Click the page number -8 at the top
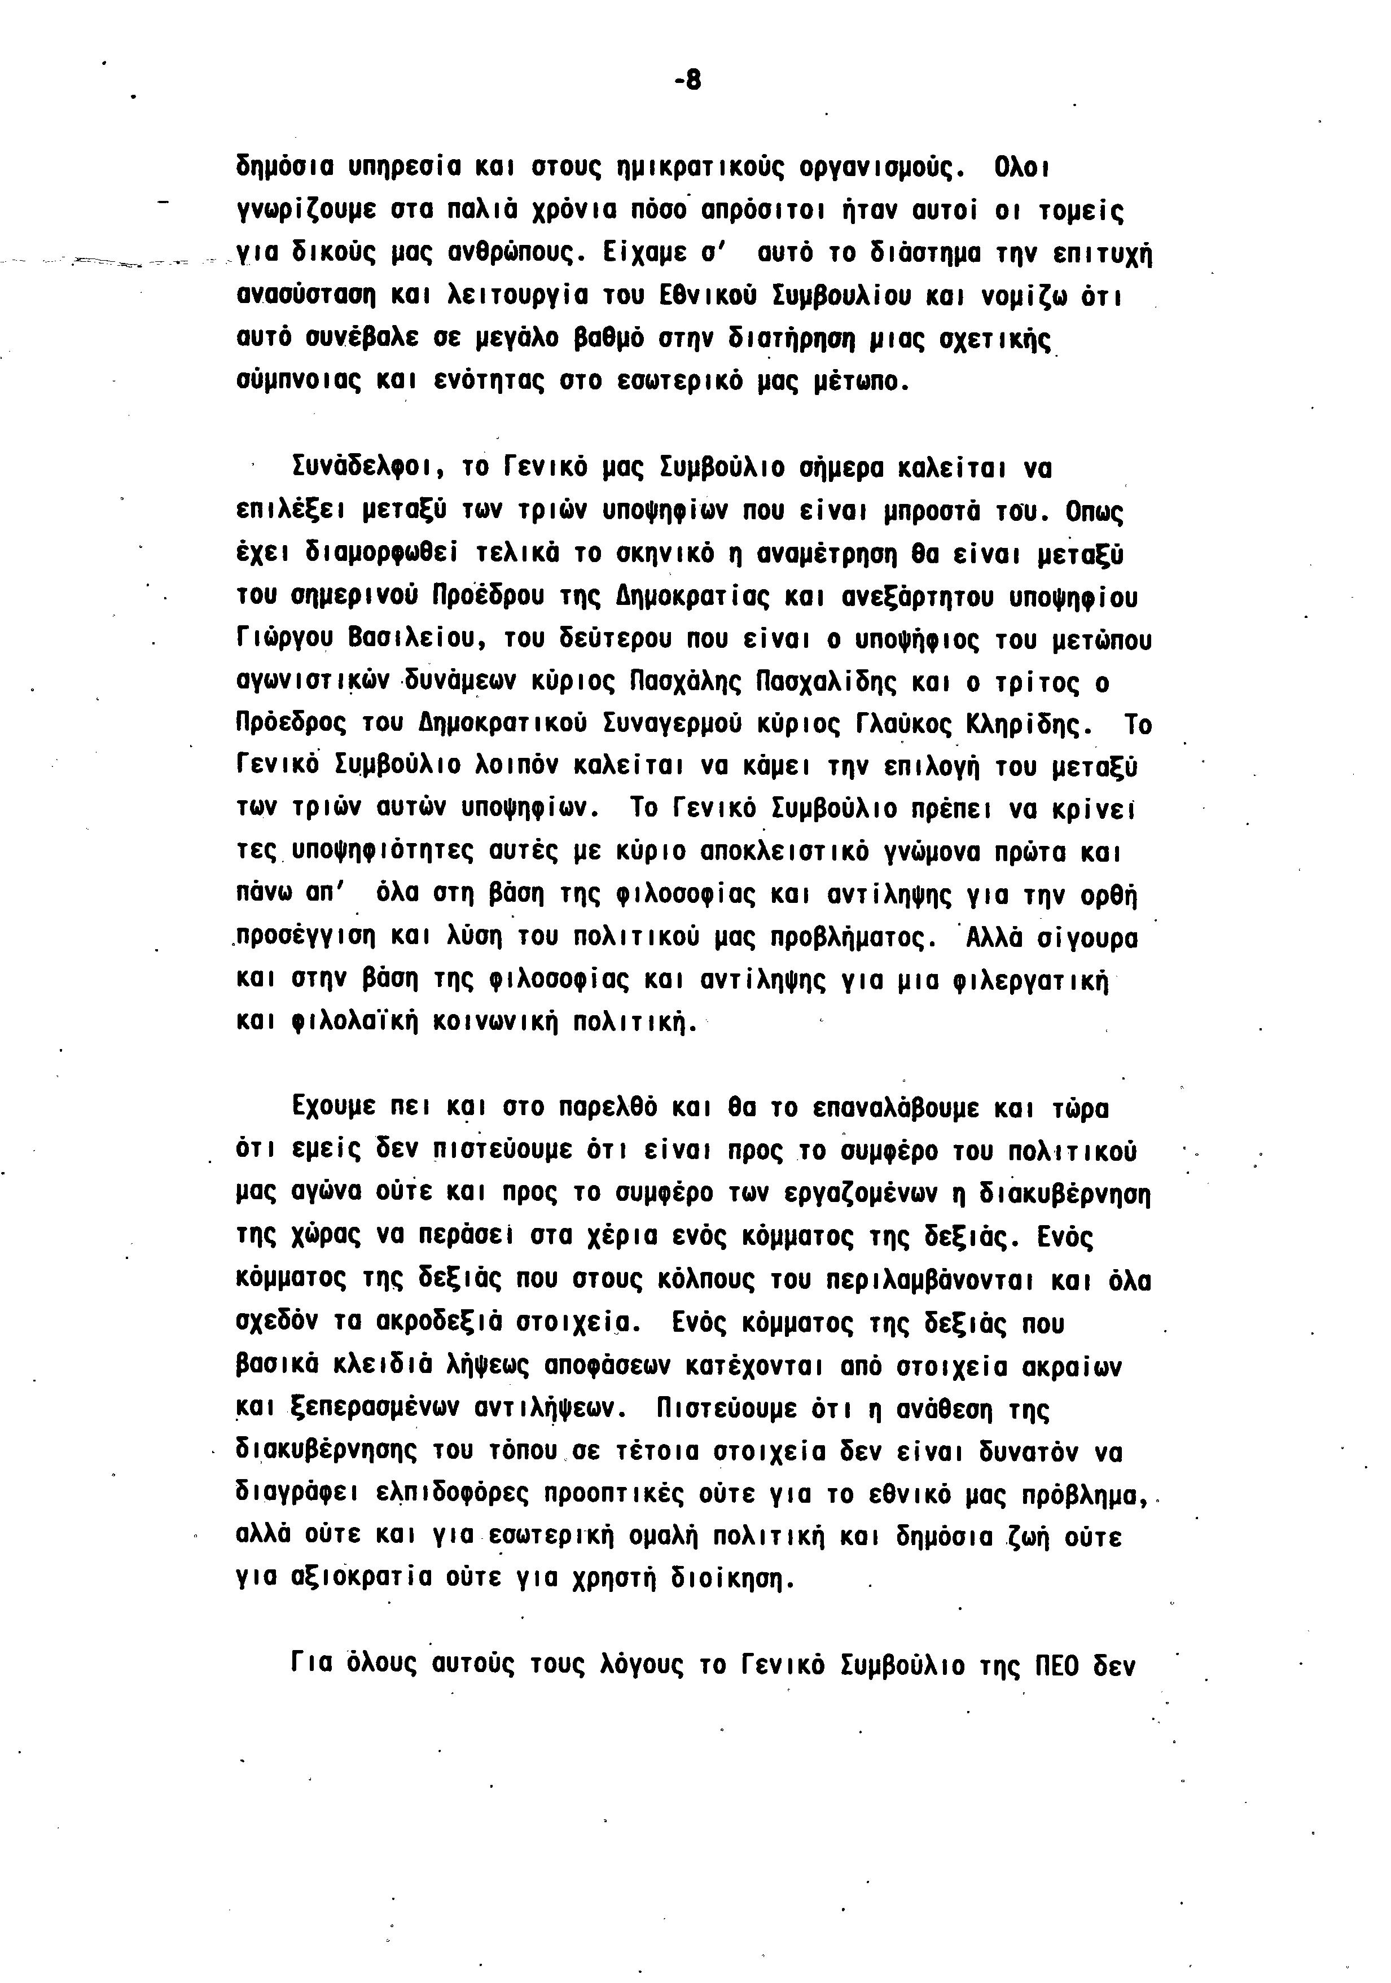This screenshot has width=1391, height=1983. click(687, 80)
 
